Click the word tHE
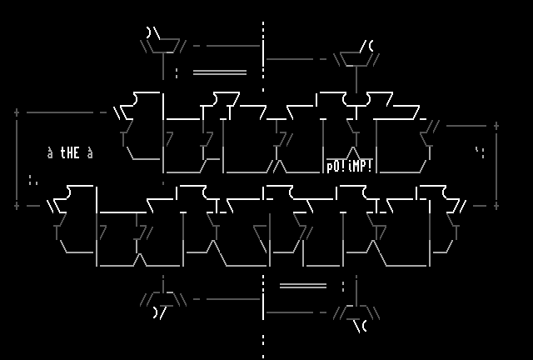coord(70,153)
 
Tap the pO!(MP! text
coord(350,166)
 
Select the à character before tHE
coord(50,153)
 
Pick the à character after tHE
coord(90,153)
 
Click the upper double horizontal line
coord(220,72)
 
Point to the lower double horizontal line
coord(303,286)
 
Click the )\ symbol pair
coord(153,33)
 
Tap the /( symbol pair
coord(366,47)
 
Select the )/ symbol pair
coord(160,312)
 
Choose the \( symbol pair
coord(360,326)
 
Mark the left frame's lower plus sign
coord(17,205)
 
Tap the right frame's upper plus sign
coord(496,126)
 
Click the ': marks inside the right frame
coord(480,152)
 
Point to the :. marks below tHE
coord(33,179)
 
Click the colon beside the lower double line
coord(343,286)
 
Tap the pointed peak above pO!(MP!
coord(353,152)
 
